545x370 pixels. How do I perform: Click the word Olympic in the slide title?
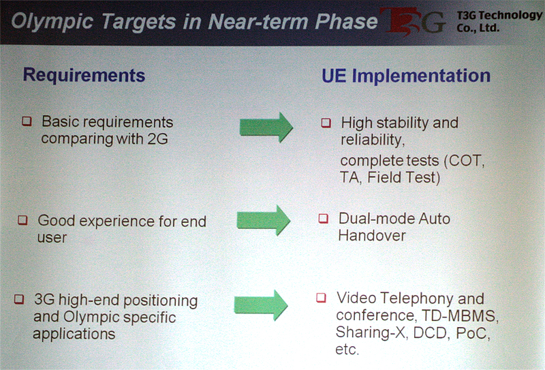52,22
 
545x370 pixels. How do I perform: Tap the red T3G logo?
413,22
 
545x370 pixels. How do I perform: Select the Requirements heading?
84,76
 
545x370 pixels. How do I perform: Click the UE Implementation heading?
406,76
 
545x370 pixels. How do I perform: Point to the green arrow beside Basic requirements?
266,127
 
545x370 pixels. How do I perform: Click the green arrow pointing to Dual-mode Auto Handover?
264,220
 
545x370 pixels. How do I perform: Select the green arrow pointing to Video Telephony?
261,305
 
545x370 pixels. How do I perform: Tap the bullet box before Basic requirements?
27,121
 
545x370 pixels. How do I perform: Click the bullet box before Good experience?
22,220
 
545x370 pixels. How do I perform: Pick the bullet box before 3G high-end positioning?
19,299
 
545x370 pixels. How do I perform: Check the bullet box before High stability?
326,123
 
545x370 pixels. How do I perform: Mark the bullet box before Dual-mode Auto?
324,218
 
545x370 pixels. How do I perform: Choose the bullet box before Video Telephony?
321,298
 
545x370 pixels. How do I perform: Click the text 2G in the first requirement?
158,139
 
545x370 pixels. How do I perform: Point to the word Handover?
372,236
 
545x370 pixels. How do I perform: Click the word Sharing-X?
371,332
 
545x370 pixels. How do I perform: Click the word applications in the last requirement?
74,334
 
